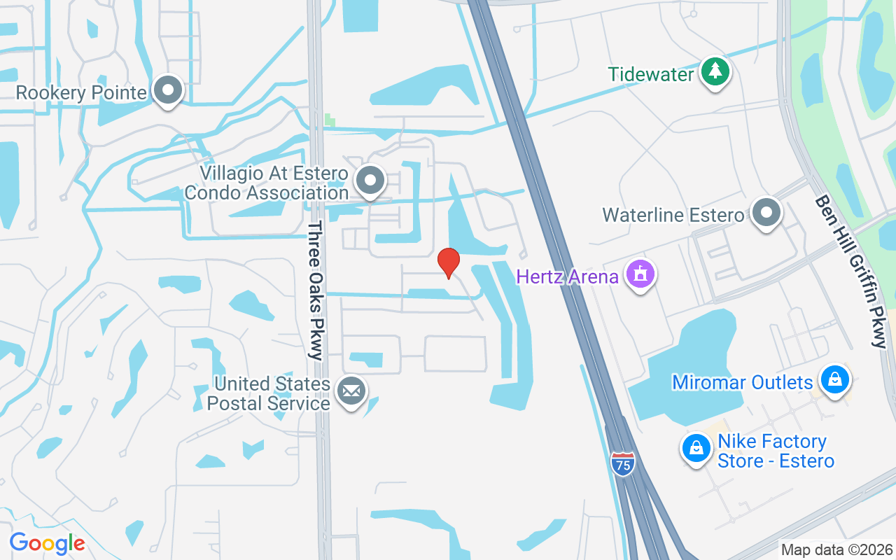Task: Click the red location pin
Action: [448, 262]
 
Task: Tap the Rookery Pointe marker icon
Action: [168, 90]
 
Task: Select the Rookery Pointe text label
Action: [81, 92]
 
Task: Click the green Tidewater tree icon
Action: [715, 71]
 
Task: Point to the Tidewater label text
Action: [651, 73]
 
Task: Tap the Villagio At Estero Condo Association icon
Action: [370, 181]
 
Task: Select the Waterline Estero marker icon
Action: [766, 211]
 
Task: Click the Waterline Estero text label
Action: [673, 215]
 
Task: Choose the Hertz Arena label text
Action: [568, 276]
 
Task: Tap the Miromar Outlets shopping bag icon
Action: [834, 379]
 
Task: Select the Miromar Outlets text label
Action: [742, 382]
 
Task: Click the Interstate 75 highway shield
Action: [622, 463]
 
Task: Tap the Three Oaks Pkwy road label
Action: [316, 290]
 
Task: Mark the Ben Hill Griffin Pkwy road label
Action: [849, 271]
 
